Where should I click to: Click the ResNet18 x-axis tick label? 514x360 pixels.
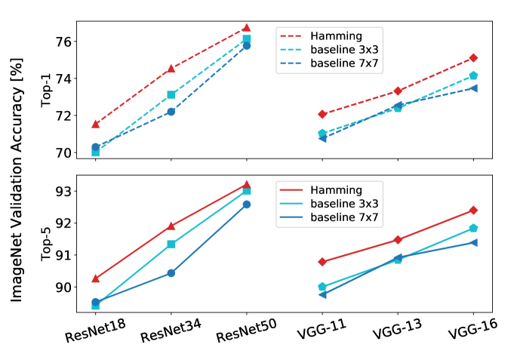(x=94, y=330)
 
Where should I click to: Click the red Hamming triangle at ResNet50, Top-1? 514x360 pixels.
(x=246, y=28)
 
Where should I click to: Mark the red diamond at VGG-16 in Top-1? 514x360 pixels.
(x=473, y=58)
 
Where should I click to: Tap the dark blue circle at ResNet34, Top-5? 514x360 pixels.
(x=171, y=273)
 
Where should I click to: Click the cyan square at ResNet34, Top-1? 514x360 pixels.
(x=171, y=95)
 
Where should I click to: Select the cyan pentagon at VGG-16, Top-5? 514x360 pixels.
(x=473, y=228)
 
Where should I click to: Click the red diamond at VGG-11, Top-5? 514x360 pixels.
(x=322, y=262)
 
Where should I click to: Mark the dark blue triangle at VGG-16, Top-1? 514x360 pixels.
(x=473, y=88)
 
